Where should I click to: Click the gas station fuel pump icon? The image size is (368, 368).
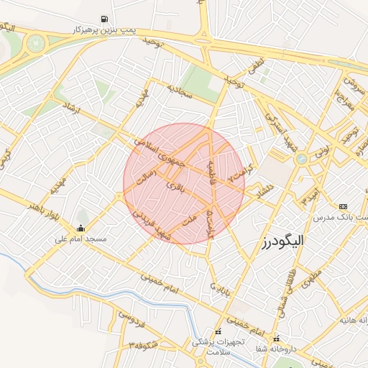pos(106,19)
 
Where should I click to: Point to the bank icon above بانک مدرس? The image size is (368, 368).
pos(342,206)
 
